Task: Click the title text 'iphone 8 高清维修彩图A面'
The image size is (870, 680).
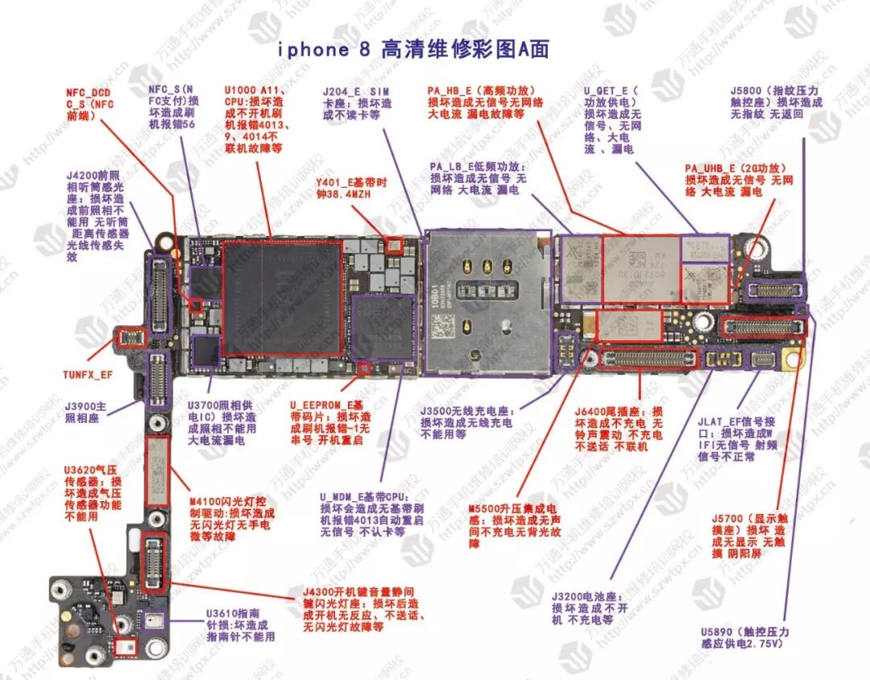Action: pyautogui.click(x=413, y=49)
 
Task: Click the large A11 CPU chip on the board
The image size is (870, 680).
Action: pyautogui.click(x=283, y=297)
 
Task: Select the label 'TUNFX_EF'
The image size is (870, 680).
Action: pyautogui.click(x=88, y=374)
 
